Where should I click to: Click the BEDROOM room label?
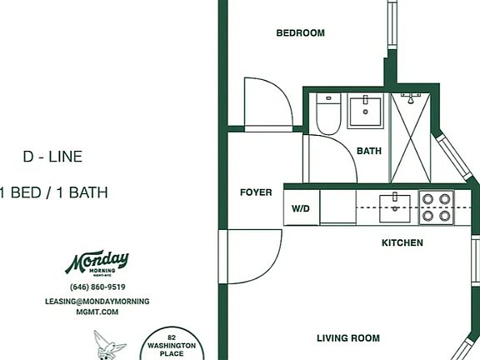tap(300, 32)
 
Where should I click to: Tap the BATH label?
tap(369, 151)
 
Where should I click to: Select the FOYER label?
tap(256, 192)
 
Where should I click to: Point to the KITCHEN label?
tap(402, 242)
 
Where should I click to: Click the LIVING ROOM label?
tap(348, 338)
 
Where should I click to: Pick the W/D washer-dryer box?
tap(302, 207)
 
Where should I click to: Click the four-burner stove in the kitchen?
tap(436, 207)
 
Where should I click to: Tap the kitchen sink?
tap(395, 207)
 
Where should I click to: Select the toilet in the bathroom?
tap(328, 114)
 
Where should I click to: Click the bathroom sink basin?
tap(365, 112)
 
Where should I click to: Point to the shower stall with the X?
tap(410, 138)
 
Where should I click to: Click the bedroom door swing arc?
tap(282, 92)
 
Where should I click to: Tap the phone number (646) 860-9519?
tap(97, 287)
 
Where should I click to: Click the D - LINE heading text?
tap(52, 157)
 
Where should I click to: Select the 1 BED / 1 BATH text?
tap(54, 192)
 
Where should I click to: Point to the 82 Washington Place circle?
tap(172, 343)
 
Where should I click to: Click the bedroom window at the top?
tap(392, 24)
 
